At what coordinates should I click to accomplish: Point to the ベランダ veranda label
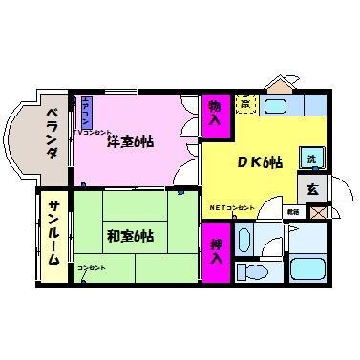[x=49, y=133]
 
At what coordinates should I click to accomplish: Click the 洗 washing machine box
[x=309, y=158]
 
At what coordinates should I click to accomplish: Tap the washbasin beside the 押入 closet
[x=244, y=236]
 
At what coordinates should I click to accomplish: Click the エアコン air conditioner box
[x=86, y=113]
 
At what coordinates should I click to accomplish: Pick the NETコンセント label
[x=232, y=207]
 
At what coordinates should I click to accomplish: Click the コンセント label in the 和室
[x=92, y=267]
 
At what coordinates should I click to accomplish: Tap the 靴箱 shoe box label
[x=292, y=211]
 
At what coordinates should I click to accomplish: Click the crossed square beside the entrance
[x=316, y=211]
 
